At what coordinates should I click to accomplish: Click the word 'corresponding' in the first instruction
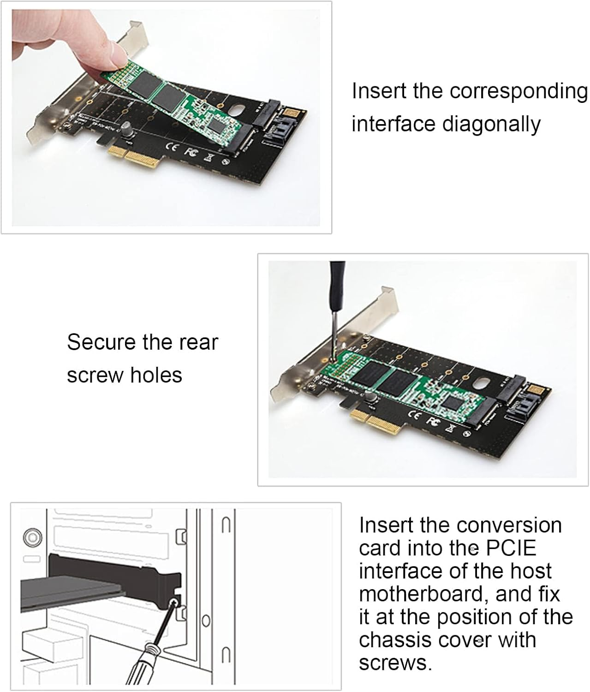518,91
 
